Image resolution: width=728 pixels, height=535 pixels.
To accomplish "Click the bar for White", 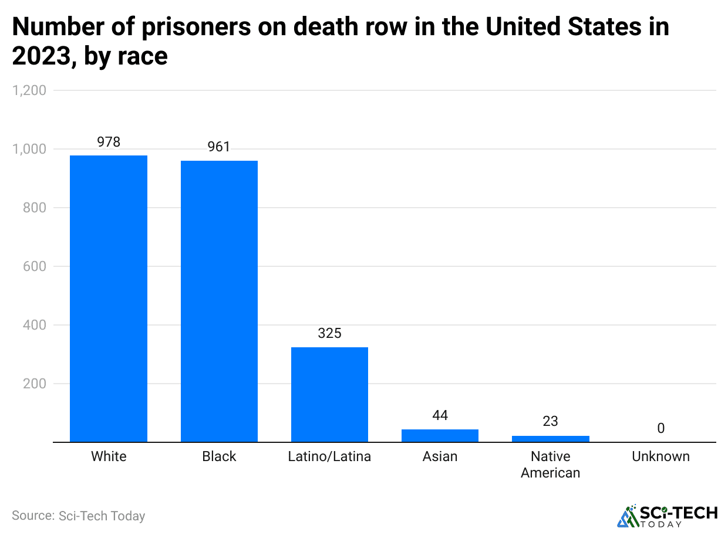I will [x=109, y=299].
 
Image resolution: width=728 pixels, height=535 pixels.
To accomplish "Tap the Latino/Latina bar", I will [x=329, y=394].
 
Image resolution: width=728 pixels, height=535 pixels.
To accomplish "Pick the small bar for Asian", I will [x=440, y=435].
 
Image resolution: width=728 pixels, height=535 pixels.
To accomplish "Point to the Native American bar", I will [x=550, y=438].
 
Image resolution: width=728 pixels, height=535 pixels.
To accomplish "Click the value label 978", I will [x=109, y=142].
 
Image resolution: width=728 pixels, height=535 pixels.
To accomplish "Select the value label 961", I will [x=219, y=147].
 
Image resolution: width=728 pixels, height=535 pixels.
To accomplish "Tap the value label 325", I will [x=329, y=333].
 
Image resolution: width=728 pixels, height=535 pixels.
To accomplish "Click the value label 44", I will [x=440, y=415].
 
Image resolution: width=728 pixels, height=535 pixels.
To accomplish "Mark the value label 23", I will [x=550, y=421].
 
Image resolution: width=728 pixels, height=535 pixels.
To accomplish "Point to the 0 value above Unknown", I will [x=660, y=428].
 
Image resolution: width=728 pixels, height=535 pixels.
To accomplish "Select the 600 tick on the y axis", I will [x=35, y=266].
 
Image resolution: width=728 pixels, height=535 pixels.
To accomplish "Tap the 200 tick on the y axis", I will [x=35, y=384].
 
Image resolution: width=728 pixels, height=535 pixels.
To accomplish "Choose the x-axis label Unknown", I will [x=660, y=456].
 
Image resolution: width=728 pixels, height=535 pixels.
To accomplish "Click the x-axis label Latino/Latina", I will [x=329, y=456].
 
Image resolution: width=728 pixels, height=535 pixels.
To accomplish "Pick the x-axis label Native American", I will [x=550, y=464].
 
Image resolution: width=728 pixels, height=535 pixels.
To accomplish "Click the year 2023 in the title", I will [x=41, y=56].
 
